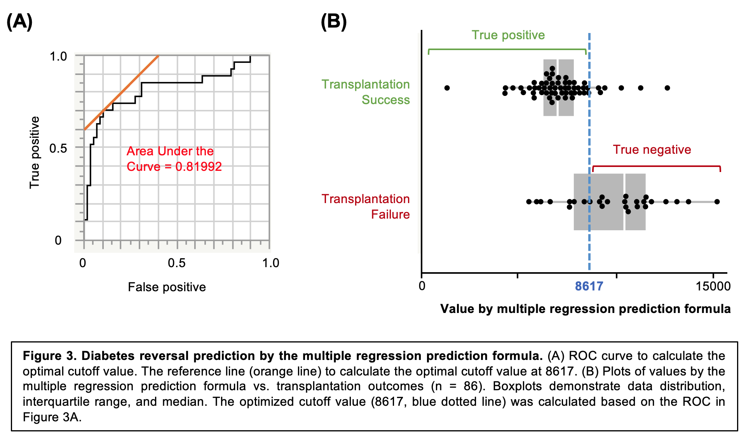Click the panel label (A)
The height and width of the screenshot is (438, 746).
pyautogui.click(x=19, y=22)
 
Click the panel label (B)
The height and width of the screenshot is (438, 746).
pyautogui.click(x=333, y=22)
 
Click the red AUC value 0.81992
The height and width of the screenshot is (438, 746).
pyautogui.click(x=198, y=167)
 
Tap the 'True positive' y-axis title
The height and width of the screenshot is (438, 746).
pyautogui.click(x=35, y=152)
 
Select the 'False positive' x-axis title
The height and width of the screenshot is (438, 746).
pyautogui.click(x=167, y=287)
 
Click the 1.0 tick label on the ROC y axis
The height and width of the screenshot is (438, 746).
pyautogui.click(x=58, y=56)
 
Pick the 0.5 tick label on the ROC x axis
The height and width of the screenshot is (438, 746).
pyautogui.click(x=176, y=263)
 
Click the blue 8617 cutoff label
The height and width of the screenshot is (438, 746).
pyautogui.click(x=589, y=286)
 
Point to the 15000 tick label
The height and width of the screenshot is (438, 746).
pyautogui.click(x=713, y=286)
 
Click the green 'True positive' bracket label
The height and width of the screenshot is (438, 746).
pyautogui.click(x=508, y=35)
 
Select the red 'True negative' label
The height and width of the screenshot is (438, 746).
pyautogui.click(x=652, y=149)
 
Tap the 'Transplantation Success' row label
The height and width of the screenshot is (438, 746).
pyautogui.click(x=366, y=92)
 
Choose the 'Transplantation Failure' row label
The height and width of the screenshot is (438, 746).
pyautogui.click(x=366, y=207)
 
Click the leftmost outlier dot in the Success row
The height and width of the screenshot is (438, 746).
pyautogui.click(x=447, y=88)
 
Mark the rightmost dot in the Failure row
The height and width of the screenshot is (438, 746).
pyautogui.click(x=717, y=202)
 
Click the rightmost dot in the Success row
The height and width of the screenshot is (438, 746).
pyautogui.click(x=667, y=88)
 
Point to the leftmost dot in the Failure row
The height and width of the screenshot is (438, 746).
pyautogui.click(x=529, y=202)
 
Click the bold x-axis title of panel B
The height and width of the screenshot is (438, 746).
pyautogui.click(x=585, y=309)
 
